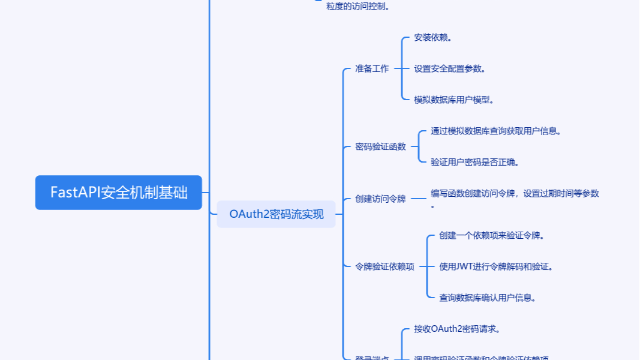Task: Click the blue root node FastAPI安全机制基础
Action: pyautogui.click(x=119, y=193)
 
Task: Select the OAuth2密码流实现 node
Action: pyautogui.click(x=276, y=214)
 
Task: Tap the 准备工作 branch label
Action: pyautogui.click(x=372, y=68)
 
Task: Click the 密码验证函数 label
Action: pyautogui.click(x=380, y=146)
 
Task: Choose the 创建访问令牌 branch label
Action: pyautogui.click(x=380, y=199)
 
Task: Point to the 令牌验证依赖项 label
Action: pyautogui.click(x=384, y=266)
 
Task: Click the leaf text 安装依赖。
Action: pyautogui.click(x=432, y=37)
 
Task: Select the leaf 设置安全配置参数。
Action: pyautogui.click(x=449, y=68)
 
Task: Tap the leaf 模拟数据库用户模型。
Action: pyautogui.click(x=453, y=100)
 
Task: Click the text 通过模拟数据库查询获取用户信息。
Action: pyautogui.click(x=495, y=131)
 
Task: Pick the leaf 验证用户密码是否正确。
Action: pyautogui.click(x=474, y=162)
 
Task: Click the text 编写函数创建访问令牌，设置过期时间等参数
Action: pyautogui.click(x=515, y=193)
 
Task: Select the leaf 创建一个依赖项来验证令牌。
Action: pyautogui.click(x=491, y=235)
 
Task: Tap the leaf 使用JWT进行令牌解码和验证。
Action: pyautogui.click(x=495, y=266)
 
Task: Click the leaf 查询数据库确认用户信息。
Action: pyautogui.click(x=487, y=298)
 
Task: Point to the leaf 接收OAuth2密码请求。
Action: pyautogui.click(x=457, y=329)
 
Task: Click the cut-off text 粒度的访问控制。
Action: pyautogui.click(x=357, y=7)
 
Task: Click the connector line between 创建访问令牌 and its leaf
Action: pyautogui.click(x=418, y=199)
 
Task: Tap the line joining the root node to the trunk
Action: pyautogui.click(x=205, y=193)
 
